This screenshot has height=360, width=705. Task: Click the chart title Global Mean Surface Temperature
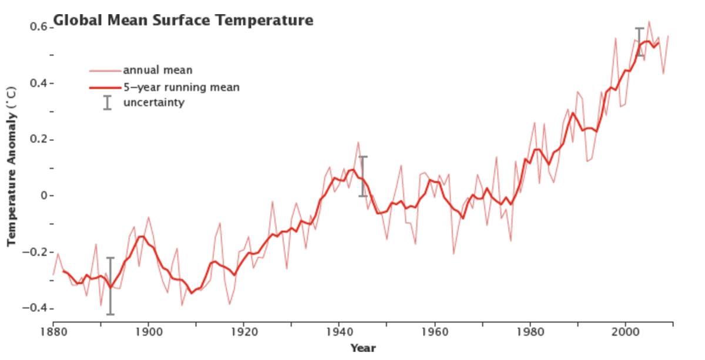[x=183, y=21]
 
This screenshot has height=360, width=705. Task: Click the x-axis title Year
[x=362, y=348]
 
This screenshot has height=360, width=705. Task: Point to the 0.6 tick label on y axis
[x=39, y=27]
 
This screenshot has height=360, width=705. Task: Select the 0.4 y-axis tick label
[x=39, y=83]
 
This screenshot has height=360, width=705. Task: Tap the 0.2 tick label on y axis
[x=39, y=140]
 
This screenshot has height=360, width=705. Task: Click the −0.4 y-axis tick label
[x=36, y=308]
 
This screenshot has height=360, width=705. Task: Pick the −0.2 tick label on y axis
[x=36, y=252]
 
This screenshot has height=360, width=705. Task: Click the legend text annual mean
[x=157, y=70]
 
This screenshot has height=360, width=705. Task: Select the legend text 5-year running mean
[x=181, y=88]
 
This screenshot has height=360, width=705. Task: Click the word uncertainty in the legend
[x=154, y=103]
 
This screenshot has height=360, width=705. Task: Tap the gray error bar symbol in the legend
[x=107, y=103]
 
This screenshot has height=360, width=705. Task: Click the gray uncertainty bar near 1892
[x=110, y=286]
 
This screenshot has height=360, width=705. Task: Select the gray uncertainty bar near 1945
[x=363, y=176]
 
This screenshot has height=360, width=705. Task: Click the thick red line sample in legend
[x=105, y=88]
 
